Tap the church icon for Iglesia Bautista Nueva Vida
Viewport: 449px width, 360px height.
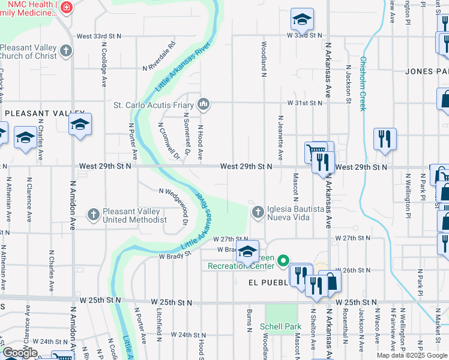(258, 212)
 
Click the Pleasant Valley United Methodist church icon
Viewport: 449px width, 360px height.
(94, 214)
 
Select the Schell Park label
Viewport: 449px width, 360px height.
(280, 327)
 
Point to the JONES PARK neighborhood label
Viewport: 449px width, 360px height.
(427, 71)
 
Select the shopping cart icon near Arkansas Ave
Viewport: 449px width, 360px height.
(315, 151)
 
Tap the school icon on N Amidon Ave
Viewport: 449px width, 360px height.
(80, 124)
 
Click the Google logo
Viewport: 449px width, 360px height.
(20, 353)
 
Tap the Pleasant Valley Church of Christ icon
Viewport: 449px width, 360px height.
(67, 51)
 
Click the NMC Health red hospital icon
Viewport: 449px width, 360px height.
(67, 7)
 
